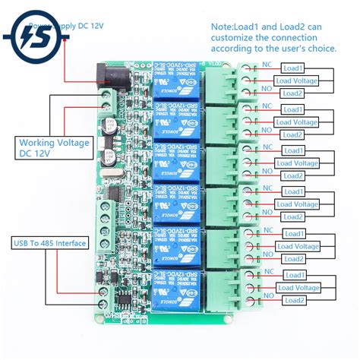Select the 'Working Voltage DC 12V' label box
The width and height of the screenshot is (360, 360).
click(44, 148)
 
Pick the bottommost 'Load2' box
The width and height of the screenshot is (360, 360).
click(294, 300)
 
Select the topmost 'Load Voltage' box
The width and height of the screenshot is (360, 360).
click(297, 81)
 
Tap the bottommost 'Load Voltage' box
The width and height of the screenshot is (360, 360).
click(297, 287)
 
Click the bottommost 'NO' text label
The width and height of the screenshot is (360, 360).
click(267, 295)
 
